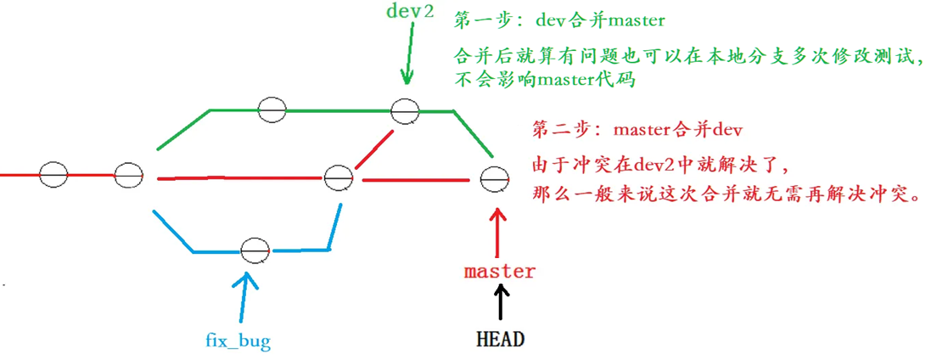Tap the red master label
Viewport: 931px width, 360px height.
[x=500, y=272]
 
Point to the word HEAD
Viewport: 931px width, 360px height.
[x=500, y=339]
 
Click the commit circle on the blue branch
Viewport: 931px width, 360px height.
[x=253, y=250]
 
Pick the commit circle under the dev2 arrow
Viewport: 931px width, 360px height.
[x=405, y=110]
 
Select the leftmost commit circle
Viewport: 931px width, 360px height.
[x=53, y=174]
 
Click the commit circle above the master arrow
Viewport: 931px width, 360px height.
[x=493, y=180]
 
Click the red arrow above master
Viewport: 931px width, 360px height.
[x=500, y=229]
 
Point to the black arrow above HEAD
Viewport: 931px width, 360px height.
[x=500, y=301]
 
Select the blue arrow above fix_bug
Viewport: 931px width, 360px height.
[x=245, y=297]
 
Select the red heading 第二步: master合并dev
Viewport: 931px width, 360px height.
[x=637, y=132]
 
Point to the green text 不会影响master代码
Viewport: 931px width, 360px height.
[x=544, y=82]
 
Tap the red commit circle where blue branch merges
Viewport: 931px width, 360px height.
[x=339, y=178]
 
